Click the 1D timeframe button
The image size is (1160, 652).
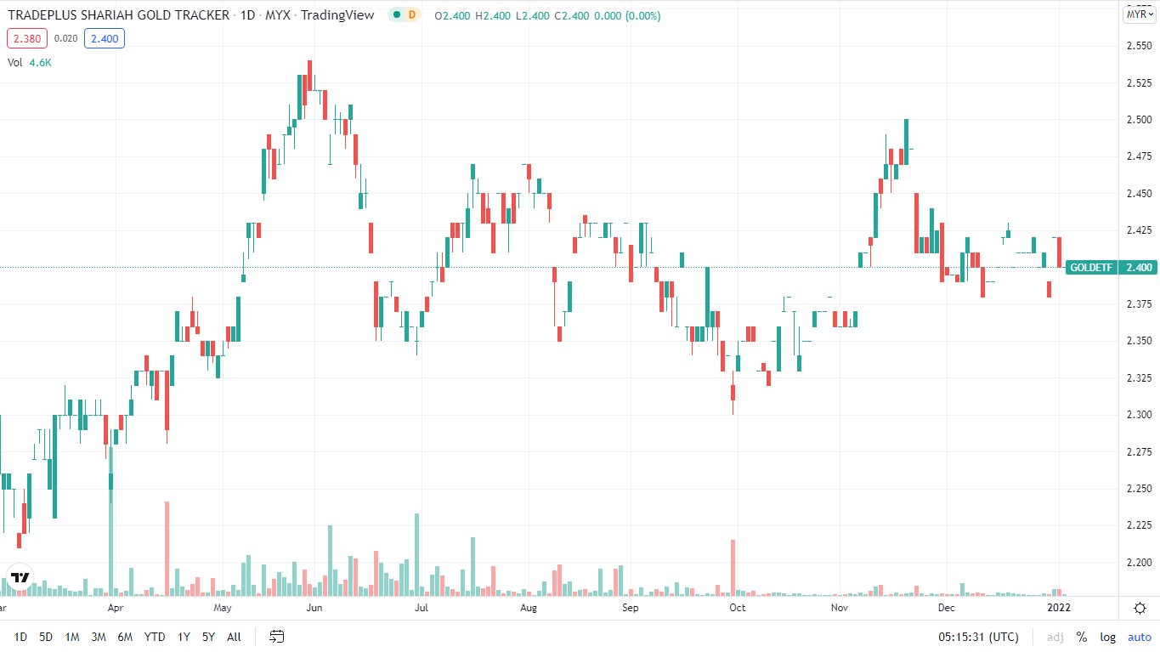20,637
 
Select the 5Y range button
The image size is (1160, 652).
209,637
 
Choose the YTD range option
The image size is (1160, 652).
154,637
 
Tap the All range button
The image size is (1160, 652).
234,637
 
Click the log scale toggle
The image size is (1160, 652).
1108,637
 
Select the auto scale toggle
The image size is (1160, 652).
1139,637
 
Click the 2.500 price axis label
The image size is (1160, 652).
1139,120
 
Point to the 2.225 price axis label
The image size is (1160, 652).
1139,526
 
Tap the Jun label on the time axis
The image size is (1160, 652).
314,609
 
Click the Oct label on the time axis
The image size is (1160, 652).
737,609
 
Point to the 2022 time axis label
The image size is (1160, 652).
1059,609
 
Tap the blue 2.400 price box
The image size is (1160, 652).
105,38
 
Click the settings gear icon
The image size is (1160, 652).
1140,609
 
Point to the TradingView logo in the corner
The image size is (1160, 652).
20,577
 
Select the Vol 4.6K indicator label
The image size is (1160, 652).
30,62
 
